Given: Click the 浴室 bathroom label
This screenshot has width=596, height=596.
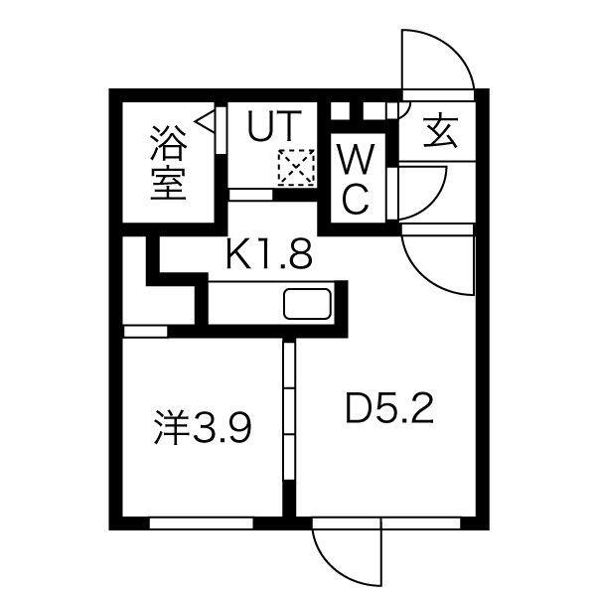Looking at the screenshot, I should pyautogui.click(x=169, y=161).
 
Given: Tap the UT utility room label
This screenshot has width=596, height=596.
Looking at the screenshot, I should pyautogui.click(x=271, y=128).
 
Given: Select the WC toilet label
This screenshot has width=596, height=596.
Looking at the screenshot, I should pyautogui.click(x=355, y=179).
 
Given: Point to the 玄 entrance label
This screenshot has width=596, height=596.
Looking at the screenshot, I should pyautogui.click(x=440, y=132).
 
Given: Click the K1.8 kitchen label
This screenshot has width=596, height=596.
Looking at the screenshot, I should pyautogui.click(x=269, y=255).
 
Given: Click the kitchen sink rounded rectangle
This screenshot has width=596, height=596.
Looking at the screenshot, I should pyautogui.click(x=310, y=303).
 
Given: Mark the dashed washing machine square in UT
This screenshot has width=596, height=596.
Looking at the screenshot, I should pyautogui.click(x=295, y=166).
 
